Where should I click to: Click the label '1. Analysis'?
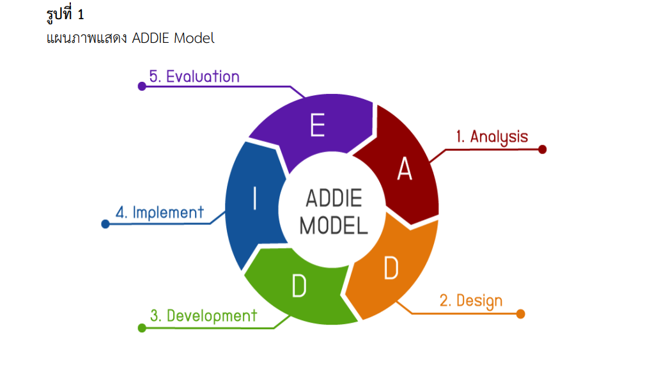491,137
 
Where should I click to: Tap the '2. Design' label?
470,300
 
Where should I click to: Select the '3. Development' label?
203,315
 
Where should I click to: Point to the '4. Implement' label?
160,212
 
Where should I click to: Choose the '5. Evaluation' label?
194,77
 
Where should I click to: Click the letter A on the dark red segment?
405,169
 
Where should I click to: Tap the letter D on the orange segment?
391,269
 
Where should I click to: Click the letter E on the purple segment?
318,125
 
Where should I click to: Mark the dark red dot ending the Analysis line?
543,150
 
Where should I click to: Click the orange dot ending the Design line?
520,314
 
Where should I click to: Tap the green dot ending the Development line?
142,328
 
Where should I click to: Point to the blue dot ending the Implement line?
105,224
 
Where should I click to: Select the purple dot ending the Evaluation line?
142,86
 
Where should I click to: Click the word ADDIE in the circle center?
334,198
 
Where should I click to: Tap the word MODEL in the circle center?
334,225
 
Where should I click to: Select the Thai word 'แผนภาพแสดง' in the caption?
88,38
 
